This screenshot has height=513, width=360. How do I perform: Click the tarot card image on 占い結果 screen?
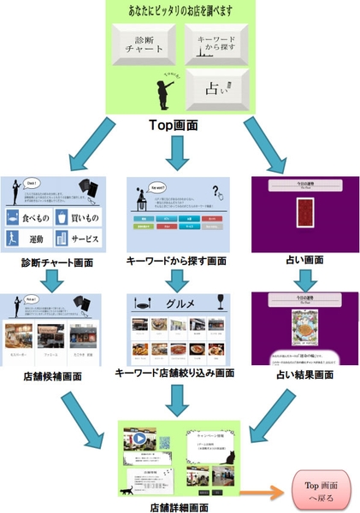point(306,327)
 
